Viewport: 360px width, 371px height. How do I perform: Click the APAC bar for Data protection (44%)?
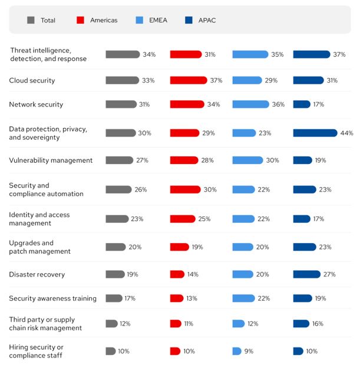click(x=315, y=133)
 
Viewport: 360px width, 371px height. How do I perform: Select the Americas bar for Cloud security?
click(x=189, y=80)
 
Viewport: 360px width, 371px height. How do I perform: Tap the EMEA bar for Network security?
click(x=250, y=104)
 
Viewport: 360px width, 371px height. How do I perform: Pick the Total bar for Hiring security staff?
click(x=111, y=351)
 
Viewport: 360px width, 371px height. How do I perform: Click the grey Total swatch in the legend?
click(x=31, y=20)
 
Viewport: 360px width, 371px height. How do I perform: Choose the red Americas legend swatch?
click(x=80, y=20)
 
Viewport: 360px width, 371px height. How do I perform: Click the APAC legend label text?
click(x=208, y=20)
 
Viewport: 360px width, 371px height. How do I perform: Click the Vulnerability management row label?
click(x=51, y=160)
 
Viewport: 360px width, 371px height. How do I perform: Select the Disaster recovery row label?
click(x=37, y=274)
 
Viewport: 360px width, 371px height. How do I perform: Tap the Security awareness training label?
click(x=52, y=298)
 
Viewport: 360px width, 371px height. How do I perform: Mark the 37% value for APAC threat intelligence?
click(x=339, y=54)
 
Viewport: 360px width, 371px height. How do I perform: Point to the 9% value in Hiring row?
click(x=250, y=351)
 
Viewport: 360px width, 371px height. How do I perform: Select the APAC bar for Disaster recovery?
click(x=306, y=274)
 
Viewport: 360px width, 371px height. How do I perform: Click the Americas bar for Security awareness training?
click(x=177, y=298)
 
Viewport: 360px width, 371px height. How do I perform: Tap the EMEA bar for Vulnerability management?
click(x=247, y=160)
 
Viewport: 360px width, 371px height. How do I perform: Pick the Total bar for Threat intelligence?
click(x=123, y=54)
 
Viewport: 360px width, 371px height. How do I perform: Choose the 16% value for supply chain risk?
click(x=318, y=323)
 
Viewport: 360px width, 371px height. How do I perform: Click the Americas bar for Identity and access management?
click(x=183, y=219)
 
